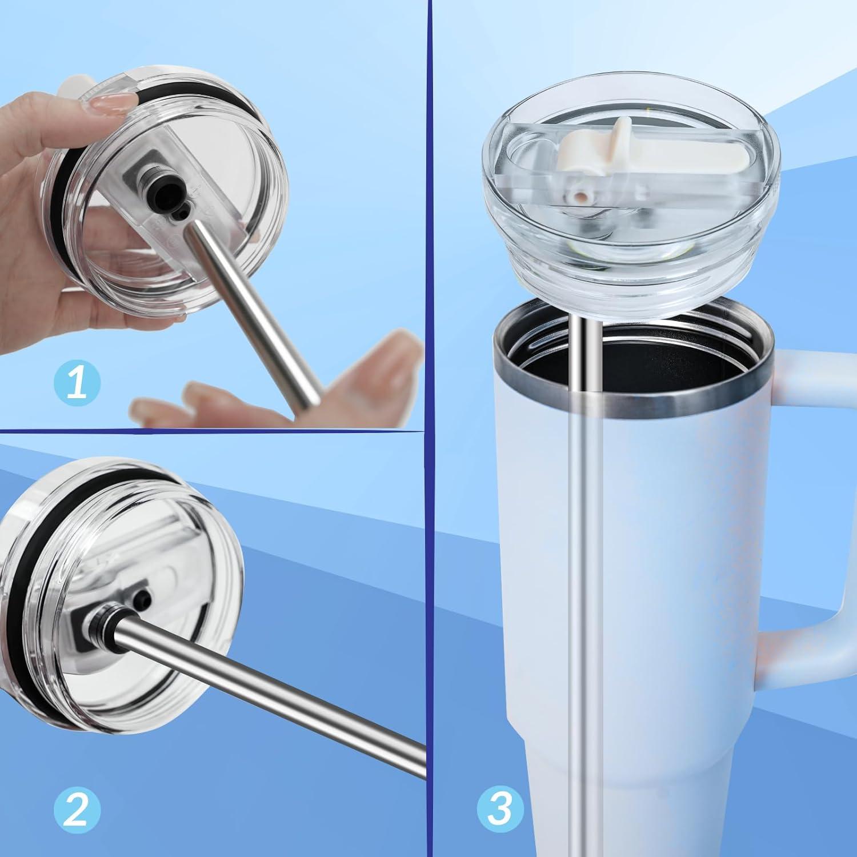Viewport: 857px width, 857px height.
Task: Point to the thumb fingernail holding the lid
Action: pos(114,102)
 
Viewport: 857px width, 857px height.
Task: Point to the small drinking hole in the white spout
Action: pos(579,198)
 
